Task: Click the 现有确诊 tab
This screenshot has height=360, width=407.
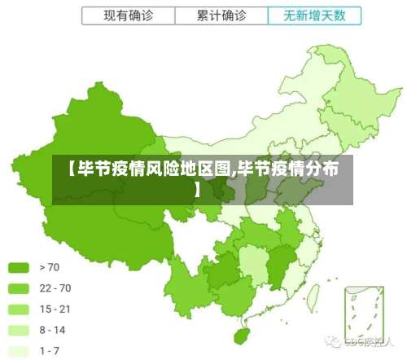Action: [x=128, y=15]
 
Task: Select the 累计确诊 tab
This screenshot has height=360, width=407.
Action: [x=221, y=15]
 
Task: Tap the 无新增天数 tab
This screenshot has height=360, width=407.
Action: [x=314, y=15]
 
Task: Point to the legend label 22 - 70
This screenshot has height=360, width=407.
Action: [x=55, y=288]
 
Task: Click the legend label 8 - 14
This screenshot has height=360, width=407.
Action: [x=52, y=330]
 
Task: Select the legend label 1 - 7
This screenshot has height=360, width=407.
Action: [x=50, y=351]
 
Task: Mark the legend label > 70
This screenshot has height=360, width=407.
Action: [x=50, y=266]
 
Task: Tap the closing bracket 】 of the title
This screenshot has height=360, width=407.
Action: [x=198, y=190]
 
